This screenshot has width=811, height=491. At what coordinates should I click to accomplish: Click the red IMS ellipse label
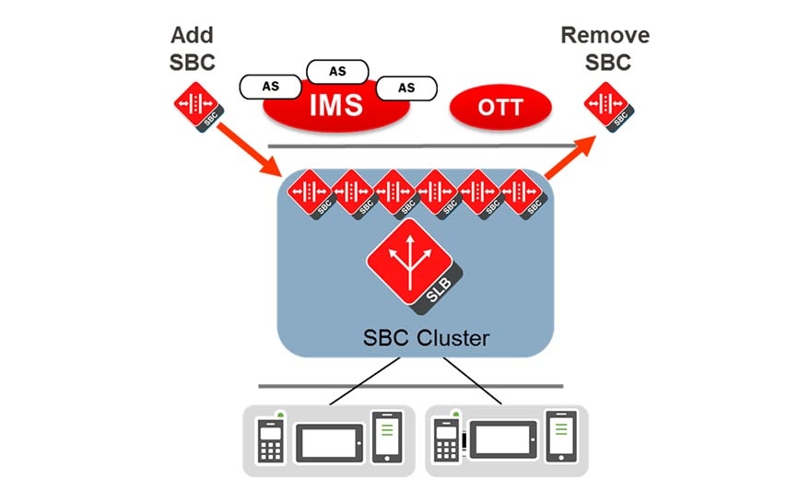(x=335, y=105)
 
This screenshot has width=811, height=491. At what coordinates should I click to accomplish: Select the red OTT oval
(x=500, y=108)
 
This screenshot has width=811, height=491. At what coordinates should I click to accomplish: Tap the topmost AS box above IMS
(x=336, y=71)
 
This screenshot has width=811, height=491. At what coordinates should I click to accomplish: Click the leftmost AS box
(x=271, y=87)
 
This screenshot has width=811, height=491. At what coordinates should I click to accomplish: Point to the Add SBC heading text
(x=192, y=48)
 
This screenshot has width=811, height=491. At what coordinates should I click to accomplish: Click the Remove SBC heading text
(x=605, y=48)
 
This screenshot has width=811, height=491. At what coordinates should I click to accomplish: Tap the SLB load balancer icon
(x=413, y=263)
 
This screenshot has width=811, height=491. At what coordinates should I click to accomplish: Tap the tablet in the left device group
(x=329, y=441)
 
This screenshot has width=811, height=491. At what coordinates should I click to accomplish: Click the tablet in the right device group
(x=503, y=441)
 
